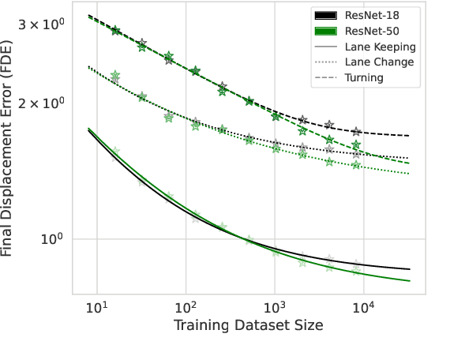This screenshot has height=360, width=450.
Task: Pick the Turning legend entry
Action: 364,78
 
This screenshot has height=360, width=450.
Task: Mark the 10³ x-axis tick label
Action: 274,306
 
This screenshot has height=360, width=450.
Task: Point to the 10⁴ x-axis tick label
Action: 362,306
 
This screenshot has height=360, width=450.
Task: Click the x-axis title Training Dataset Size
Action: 249,324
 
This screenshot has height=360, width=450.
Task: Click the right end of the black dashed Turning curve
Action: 409,137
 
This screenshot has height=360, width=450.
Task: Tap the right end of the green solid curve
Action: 409,281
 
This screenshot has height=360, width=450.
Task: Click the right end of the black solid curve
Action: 409,269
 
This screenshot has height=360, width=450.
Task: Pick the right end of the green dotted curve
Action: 409,173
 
